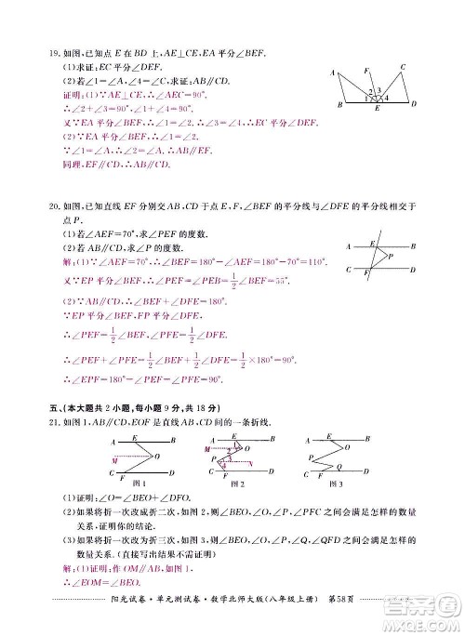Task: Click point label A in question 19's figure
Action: click(332, 72)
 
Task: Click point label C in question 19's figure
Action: click(402, 67)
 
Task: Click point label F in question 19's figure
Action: click(366, 71)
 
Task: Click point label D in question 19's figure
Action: click(413, 104)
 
